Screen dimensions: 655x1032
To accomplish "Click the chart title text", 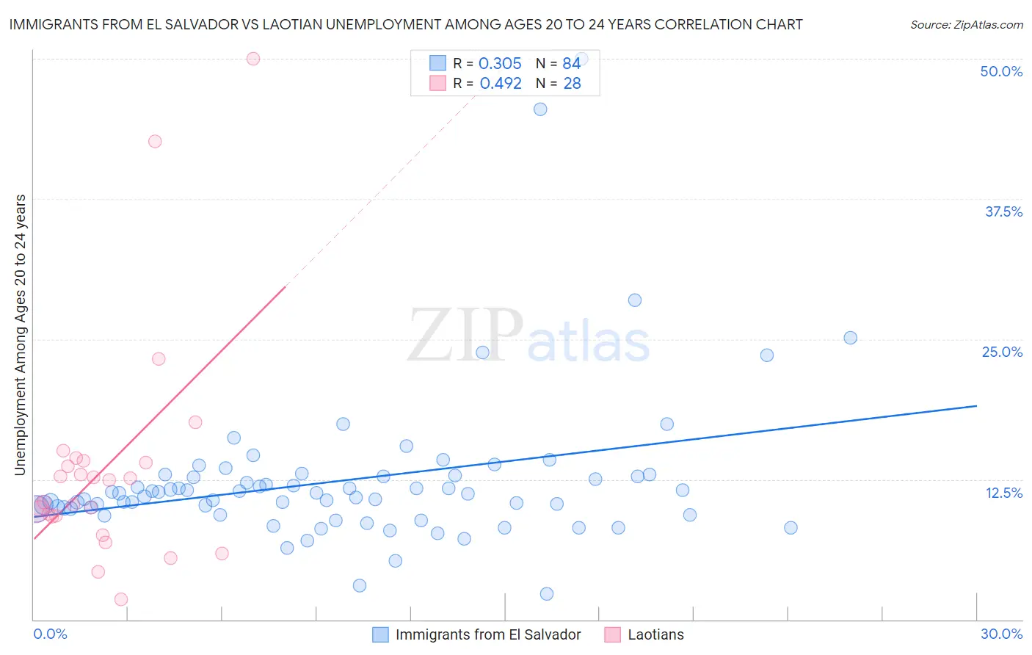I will [406, 24].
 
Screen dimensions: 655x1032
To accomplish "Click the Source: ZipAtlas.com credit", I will [966, 24].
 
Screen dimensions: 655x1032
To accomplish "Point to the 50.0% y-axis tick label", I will [1001, 71].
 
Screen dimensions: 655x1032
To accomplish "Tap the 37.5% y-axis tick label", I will [1003, 211].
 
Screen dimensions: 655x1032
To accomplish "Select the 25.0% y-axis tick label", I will [1002, 352].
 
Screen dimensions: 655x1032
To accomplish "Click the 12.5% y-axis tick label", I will [1003, 493].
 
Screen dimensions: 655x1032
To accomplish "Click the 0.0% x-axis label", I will [50, 634].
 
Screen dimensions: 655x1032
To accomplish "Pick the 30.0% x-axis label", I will [1001, 634].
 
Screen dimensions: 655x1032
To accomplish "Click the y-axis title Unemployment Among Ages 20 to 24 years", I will [21, 335].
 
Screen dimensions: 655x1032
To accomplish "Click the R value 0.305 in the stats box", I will [500, 64].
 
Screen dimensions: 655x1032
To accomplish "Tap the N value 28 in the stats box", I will [572, 84].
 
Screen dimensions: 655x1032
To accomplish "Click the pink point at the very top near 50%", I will [253, 59].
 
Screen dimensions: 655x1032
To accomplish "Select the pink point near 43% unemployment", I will [155, 142].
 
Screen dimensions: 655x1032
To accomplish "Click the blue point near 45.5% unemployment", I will [540, 109].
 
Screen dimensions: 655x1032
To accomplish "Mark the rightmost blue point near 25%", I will [851, 338].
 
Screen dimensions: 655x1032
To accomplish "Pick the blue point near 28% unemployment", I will [635, 300].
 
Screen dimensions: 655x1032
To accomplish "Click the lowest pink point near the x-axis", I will [121, 599].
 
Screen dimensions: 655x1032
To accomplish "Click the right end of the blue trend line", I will [976, 405].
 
